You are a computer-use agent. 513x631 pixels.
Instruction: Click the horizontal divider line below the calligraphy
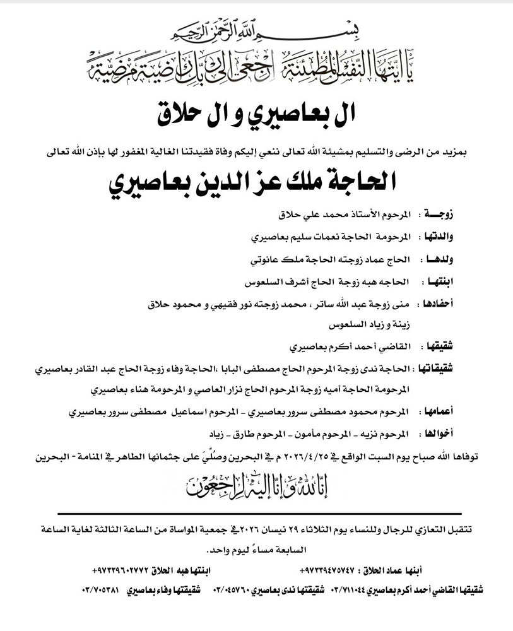click(257, 514)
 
